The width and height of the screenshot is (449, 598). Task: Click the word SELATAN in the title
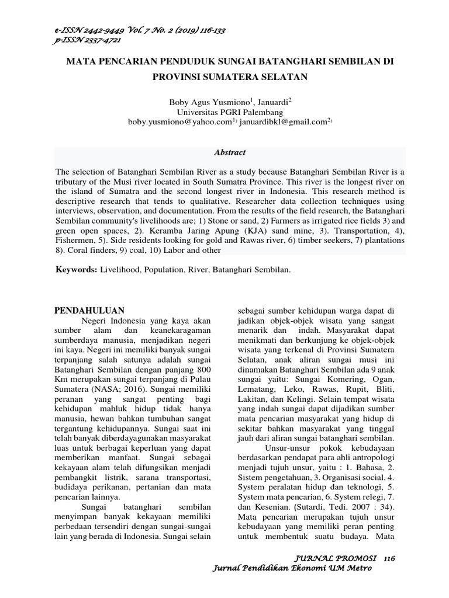(x=275, y=76)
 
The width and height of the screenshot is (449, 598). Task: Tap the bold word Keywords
(x=75, y=270)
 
